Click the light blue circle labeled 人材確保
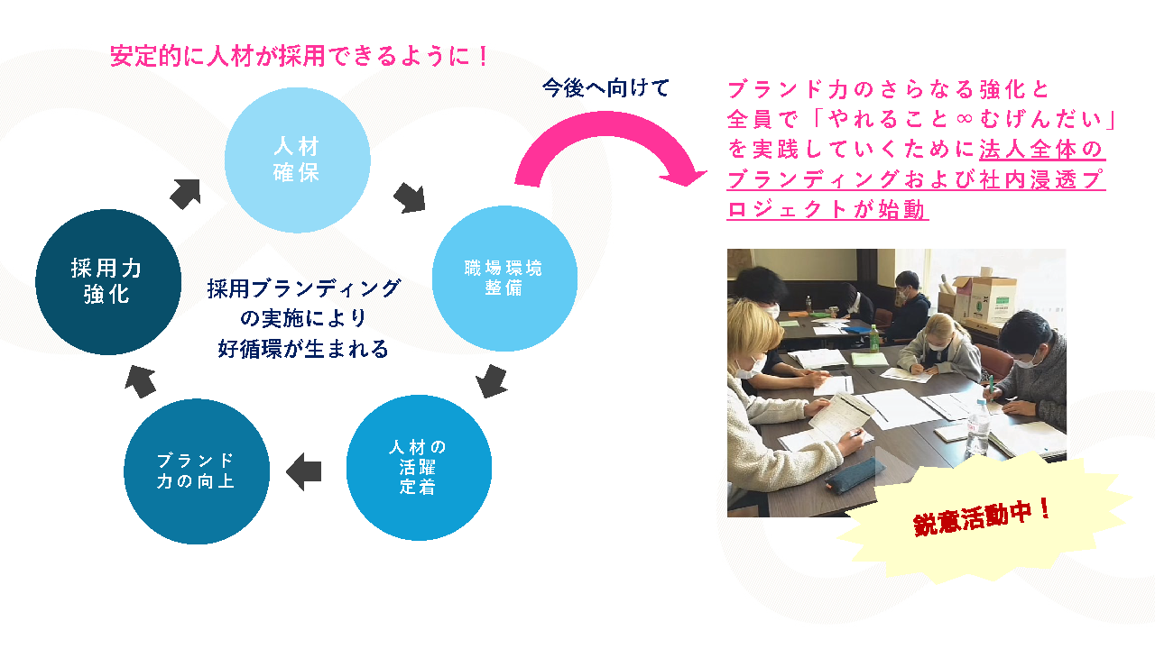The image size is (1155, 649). pyautogui.click(x=298, y=160)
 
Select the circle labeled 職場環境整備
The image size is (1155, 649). pyautogui.click(x=504, y=279)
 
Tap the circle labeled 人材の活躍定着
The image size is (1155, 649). pyautogui.click(x=419, y=468)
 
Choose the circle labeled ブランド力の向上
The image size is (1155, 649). pyautogui.click(x=197, y=471)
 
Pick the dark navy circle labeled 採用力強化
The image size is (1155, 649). pyautogui.click(x=108, y=282)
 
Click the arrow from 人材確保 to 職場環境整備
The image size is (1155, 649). pyautogui.click(x=410, y=197)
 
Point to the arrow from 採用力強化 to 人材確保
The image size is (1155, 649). pyautogui.click(x=186, y=194)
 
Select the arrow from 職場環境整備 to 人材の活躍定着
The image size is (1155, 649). pyautogui.click(x=492, y=381)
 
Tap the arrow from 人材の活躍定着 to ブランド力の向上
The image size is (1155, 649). pyautogui.click(x=304, y=471)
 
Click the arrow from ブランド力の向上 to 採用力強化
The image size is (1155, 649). pyautogui.click(x=140, y=381)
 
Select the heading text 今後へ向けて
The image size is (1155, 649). pyautogui.click(x=605, y=88)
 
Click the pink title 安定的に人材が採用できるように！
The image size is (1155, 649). pyautogui.click(x=299, y=56)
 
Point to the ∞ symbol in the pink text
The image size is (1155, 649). pyautogui.click(x=964, y=119)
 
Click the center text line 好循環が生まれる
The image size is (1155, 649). pyautogui.click(x=302, y=349)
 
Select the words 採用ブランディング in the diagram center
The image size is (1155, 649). pyautogui.click(x=304, y=288)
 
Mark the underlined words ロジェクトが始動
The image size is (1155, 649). pyautogui.click(x=827, y=210)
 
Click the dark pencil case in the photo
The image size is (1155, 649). pyautogui.click(x=851, y=474)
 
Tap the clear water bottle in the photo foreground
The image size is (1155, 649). pyautogui.click(x=977, y=427)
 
